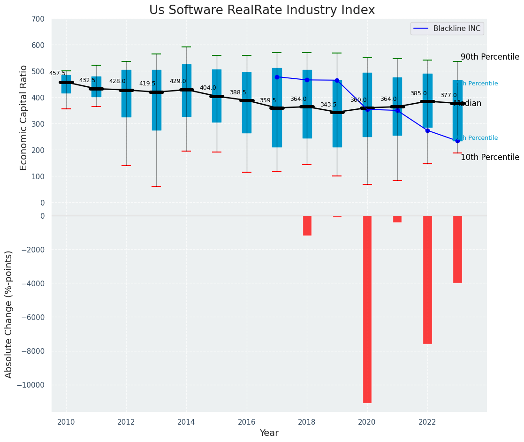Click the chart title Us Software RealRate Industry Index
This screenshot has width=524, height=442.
pos(262,10)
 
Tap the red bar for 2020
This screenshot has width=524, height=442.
pos(367,309)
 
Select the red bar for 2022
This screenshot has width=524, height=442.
pos(427,280)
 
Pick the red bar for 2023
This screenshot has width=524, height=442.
pos(457,249)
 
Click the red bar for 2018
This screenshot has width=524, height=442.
pos(307,226)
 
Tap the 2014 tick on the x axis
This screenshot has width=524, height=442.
pos(186,422)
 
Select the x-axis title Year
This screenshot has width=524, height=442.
pos(269,433)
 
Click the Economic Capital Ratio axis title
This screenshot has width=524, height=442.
pos(24,118)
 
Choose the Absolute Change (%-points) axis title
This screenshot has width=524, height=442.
pos(9,314)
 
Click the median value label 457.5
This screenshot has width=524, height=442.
pos(57,73)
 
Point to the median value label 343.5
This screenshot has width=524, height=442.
pos(328,105)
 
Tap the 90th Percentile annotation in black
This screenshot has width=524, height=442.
pos(490,57)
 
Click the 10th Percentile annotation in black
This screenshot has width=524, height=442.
pos(490,158)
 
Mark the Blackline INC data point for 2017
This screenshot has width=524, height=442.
pos(277,77)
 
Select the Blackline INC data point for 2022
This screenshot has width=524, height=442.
pos(427,130)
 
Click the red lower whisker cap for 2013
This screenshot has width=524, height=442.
pos(156,186)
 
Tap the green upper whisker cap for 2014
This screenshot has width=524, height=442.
pos(186,47)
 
